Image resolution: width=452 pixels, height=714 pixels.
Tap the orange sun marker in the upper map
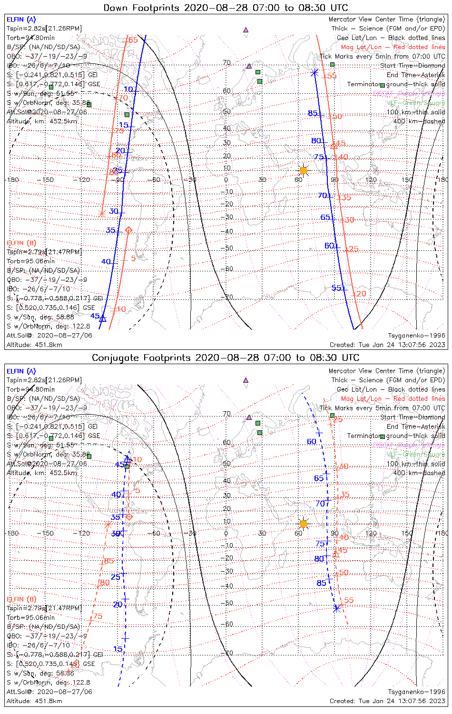[x=303, y=170]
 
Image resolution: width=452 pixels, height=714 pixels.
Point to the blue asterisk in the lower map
[x=337, y=608]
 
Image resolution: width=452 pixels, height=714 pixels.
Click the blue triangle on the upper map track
[x=102, y=318]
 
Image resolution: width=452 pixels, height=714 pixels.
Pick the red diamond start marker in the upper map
[x=128, y=230]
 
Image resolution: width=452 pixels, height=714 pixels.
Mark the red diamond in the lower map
[x=128, y=516]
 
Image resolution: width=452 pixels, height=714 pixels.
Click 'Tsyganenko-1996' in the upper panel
[x=416, y=336]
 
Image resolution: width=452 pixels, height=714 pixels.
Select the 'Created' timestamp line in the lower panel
[x=387, y=701]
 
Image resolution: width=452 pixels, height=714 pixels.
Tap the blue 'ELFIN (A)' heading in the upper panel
[x=21, y=20]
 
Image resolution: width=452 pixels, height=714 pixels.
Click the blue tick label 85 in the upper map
[x=313, y=113]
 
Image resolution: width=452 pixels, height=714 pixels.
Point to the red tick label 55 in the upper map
[x=332, y=76]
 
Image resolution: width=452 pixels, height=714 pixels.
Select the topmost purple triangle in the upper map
[x=246, y=30]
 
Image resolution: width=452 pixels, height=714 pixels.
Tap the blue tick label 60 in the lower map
[x=312, y=442]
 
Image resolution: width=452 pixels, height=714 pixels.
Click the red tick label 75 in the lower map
[x=98, y=616]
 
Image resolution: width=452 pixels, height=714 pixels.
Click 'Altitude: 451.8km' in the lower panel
[x=34, y=701]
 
